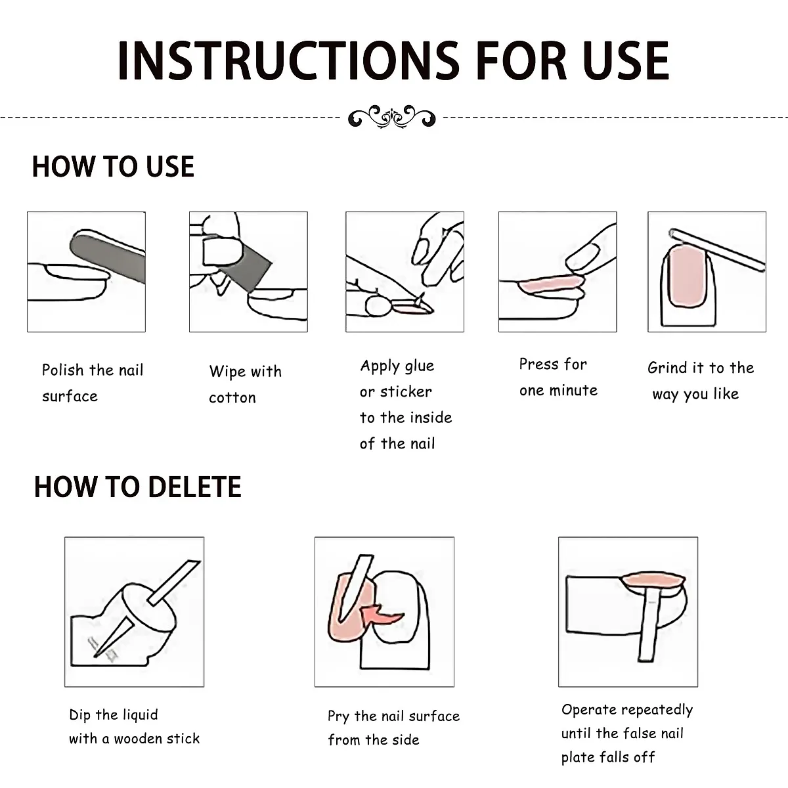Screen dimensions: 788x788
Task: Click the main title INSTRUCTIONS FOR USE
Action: pos(393,61)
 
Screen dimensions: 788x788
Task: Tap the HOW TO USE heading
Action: pos(113,166)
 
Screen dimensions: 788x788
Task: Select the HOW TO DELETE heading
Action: pos(137,487)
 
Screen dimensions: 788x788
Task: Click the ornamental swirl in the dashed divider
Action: pos(392,117)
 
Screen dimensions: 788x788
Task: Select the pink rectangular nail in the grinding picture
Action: pos(689,277)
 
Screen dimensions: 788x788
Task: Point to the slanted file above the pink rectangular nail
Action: pos(717,250)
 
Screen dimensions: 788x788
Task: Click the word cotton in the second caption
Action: pos(232,397)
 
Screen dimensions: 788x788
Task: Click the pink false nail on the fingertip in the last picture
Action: pos(653,580)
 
